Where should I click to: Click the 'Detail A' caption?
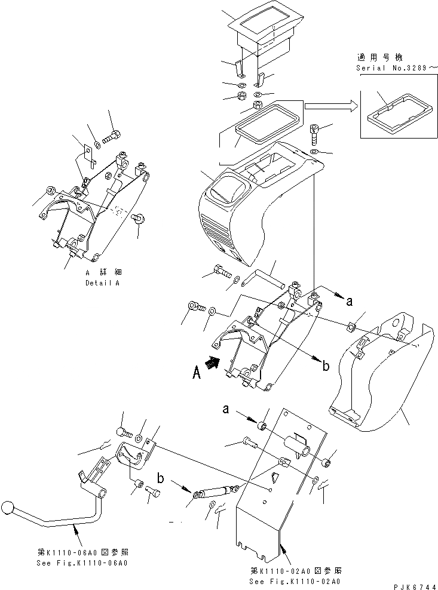tap(102, 283)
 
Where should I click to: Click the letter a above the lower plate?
tap(226, 410)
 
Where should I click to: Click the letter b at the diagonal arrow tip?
tap(326, 366)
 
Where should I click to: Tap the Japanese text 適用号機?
tap(380, 58)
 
